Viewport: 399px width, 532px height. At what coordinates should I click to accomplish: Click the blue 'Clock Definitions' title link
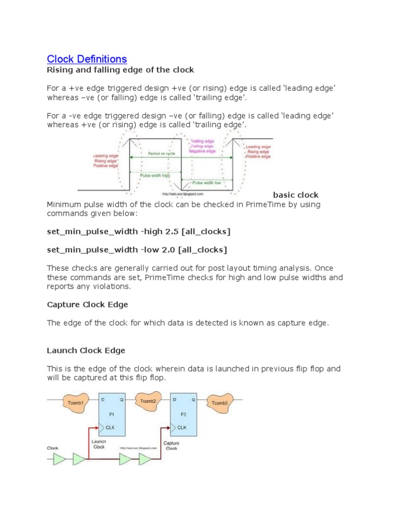coord(87,59)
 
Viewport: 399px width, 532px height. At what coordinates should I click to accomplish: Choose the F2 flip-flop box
coord(184,415)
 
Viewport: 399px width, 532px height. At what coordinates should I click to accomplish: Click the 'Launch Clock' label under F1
coord(99,444)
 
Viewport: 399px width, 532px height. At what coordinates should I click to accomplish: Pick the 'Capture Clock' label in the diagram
coord(171,446)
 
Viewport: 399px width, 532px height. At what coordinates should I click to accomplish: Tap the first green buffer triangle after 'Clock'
coord(60,459)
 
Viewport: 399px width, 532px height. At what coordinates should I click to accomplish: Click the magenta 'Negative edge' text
coord(203,151)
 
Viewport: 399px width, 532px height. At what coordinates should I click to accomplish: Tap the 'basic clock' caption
coord(296,195)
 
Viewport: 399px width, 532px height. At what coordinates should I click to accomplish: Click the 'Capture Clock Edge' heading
coord(87,304)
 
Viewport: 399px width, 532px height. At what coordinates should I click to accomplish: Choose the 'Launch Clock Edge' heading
coord(86,351)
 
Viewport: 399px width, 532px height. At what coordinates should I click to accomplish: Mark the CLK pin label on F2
coord(181,428)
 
